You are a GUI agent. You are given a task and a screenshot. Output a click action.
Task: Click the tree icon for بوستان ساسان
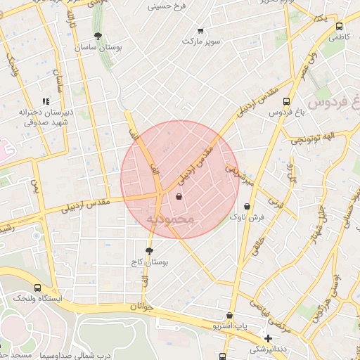(97, 36)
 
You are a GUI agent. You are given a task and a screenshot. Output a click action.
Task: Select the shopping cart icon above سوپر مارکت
(200, 30)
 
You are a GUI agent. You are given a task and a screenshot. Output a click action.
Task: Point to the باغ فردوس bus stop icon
(285, 101)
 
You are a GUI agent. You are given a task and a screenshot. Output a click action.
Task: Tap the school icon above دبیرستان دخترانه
(47, 101)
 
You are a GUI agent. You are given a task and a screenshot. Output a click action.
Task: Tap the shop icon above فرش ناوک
(247, 207)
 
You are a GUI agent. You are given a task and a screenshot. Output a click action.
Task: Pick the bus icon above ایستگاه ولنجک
(37, 288)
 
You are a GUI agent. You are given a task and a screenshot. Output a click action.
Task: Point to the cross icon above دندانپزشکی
(268, 338)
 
